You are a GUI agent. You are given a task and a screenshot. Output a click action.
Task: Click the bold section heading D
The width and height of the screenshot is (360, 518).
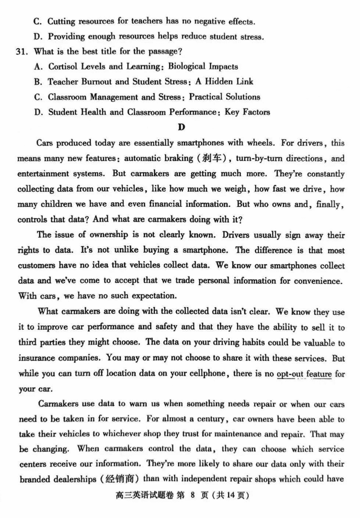click(x=181, y=127)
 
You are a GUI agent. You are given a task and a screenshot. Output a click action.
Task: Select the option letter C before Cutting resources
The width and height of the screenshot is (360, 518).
click(x=38, y=21)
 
